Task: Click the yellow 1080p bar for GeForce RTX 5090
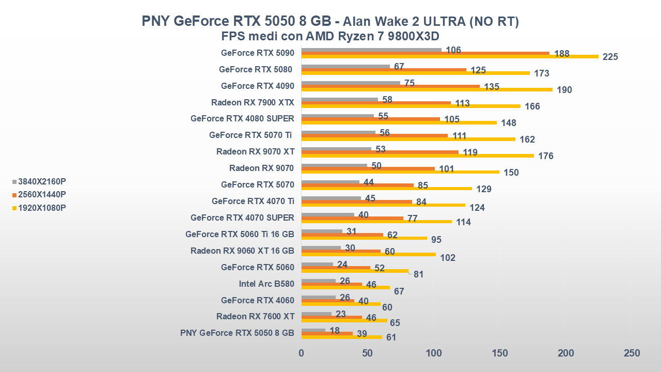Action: click(x=449, y=56)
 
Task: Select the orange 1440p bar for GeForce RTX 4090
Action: click(x=390, y=86)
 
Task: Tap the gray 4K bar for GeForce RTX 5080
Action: click(x=345, y=66)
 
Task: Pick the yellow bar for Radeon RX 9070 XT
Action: click(x=417, y=156)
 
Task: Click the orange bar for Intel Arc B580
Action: click(x=332, y=284)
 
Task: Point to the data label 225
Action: click(x=610, y=57)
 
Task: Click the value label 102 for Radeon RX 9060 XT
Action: click(x=448, y=257)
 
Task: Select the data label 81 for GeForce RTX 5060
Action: click(x=418, y=274)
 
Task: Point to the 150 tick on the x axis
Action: click(x=499, y=353)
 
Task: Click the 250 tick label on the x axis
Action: click(x=632, y=353)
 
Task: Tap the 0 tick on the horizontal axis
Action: click(x=302, y=353)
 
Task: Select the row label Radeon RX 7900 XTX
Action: click(x=253, y=102)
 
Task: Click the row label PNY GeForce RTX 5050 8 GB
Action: click(x=237, y=333)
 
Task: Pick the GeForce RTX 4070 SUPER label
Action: click(x=242, y=218)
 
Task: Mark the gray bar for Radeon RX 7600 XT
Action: click(x=317, y=314)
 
